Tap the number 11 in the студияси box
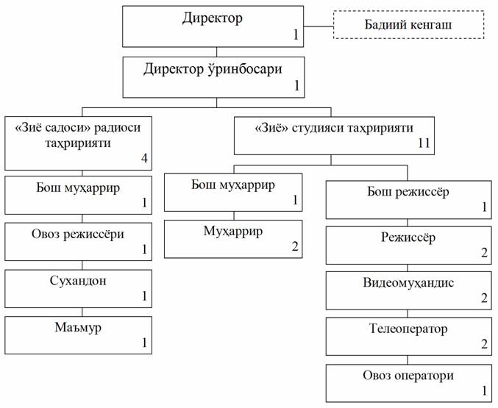point(424,143)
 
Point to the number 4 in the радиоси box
point(144,158)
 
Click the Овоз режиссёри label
point(78,235)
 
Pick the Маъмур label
point(78,327)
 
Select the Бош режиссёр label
point(408,192)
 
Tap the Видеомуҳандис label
point(408,282)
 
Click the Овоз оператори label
point(408,376)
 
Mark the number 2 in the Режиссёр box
point(484,253)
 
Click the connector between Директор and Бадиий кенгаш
point(319,26)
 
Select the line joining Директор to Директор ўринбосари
point(216,52)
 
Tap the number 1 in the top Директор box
point(296,35)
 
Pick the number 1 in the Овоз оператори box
point(485,391)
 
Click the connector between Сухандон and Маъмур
point(82,312)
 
